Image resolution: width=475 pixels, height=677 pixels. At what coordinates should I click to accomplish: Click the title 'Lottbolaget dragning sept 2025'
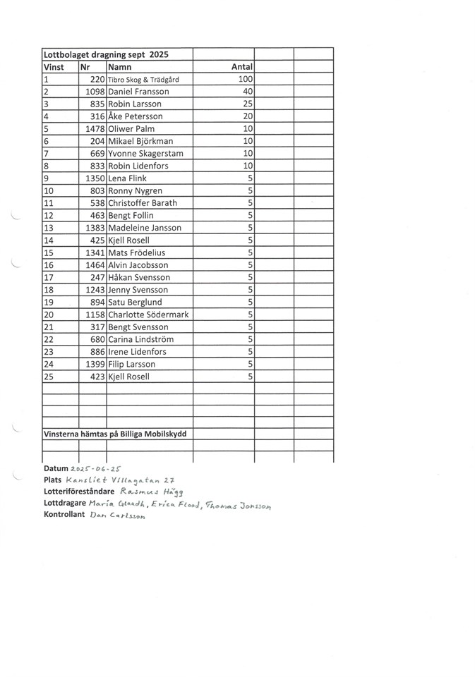[106, 54]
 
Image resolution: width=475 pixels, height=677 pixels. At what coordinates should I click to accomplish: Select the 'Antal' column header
[242, 67]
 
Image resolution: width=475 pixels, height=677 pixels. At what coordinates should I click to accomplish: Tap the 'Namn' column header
[120, 67]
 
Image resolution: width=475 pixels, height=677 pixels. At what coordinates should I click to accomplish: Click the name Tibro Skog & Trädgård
[143, 80]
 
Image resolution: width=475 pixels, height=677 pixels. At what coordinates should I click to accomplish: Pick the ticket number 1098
[95, 92]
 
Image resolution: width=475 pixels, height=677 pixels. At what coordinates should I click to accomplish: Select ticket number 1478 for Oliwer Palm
[95, 129]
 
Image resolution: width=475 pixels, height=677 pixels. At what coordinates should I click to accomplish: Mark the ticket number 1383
[95, 228]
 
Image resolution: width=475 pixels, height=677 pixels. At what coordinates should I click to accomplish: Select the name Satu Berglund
[137, 303]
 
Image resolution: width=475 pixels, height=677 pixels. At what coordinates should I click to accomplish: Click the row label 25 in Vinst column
[49, 377]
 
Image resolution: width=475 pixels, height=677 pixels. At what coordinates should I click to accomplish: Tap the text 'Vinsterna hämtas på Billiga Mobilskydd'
[115, 434]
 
